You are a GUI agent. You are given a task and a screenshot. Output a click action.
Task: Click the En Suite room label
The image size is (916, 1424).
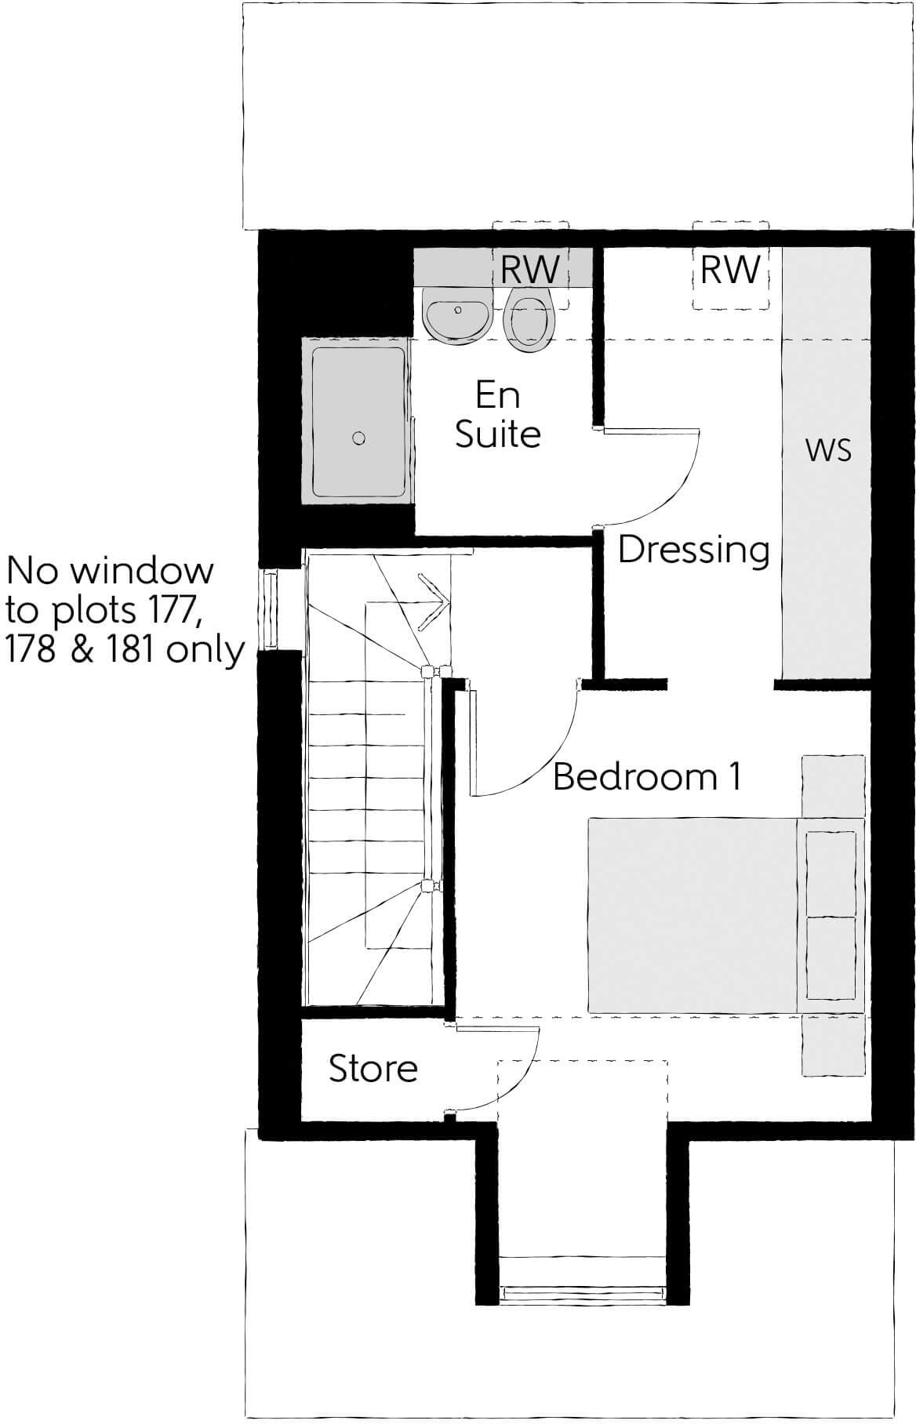click(498, 414)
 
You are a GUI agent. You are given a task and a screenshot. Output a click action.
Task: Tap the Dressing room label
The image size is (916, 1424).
click(693, 550)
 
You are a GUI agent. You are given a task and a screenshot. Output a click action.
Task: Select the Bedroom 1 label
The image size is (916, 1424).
click(647, 776)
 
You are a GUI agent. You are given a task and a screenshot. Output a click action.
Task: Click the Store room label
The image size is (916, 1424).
click(373, 1068)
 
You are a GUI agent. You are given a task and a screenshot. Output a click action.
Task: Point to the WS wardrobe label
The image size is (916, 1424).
click(828, 451)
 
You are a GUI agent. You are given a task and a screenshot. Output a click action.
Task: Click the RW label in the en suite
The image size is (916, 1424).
click(530, 270)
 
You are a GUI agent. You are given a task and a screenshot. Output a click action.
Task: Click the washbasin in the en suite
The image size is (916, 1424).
click(458, 314)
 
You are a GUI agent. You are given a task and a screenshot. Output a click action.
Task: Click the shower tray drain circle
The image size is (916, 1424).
click(359, 438)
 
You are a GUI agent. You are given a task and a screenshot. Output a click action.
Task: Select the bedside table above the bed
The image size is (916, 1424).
click(833, 786)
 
